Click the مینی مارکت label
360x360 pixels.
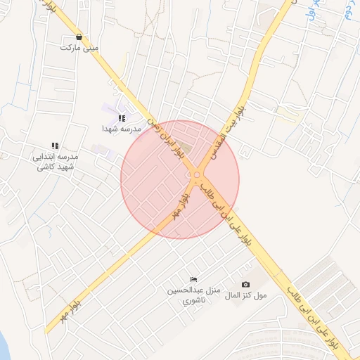pos(79,49)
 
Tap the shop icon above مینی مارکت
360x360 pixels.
pos(79,37)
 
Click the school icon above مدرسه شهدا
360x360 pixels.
pos(122,119)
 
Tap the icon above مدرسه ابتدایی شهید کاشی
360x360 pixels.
pos(56,146)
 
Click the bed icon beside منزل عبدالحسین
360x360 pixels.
pos(194,281)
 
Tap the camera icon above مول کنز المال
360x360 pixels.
pos(245,284)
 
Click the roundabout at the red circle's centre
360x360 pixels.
pos(197,175)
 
